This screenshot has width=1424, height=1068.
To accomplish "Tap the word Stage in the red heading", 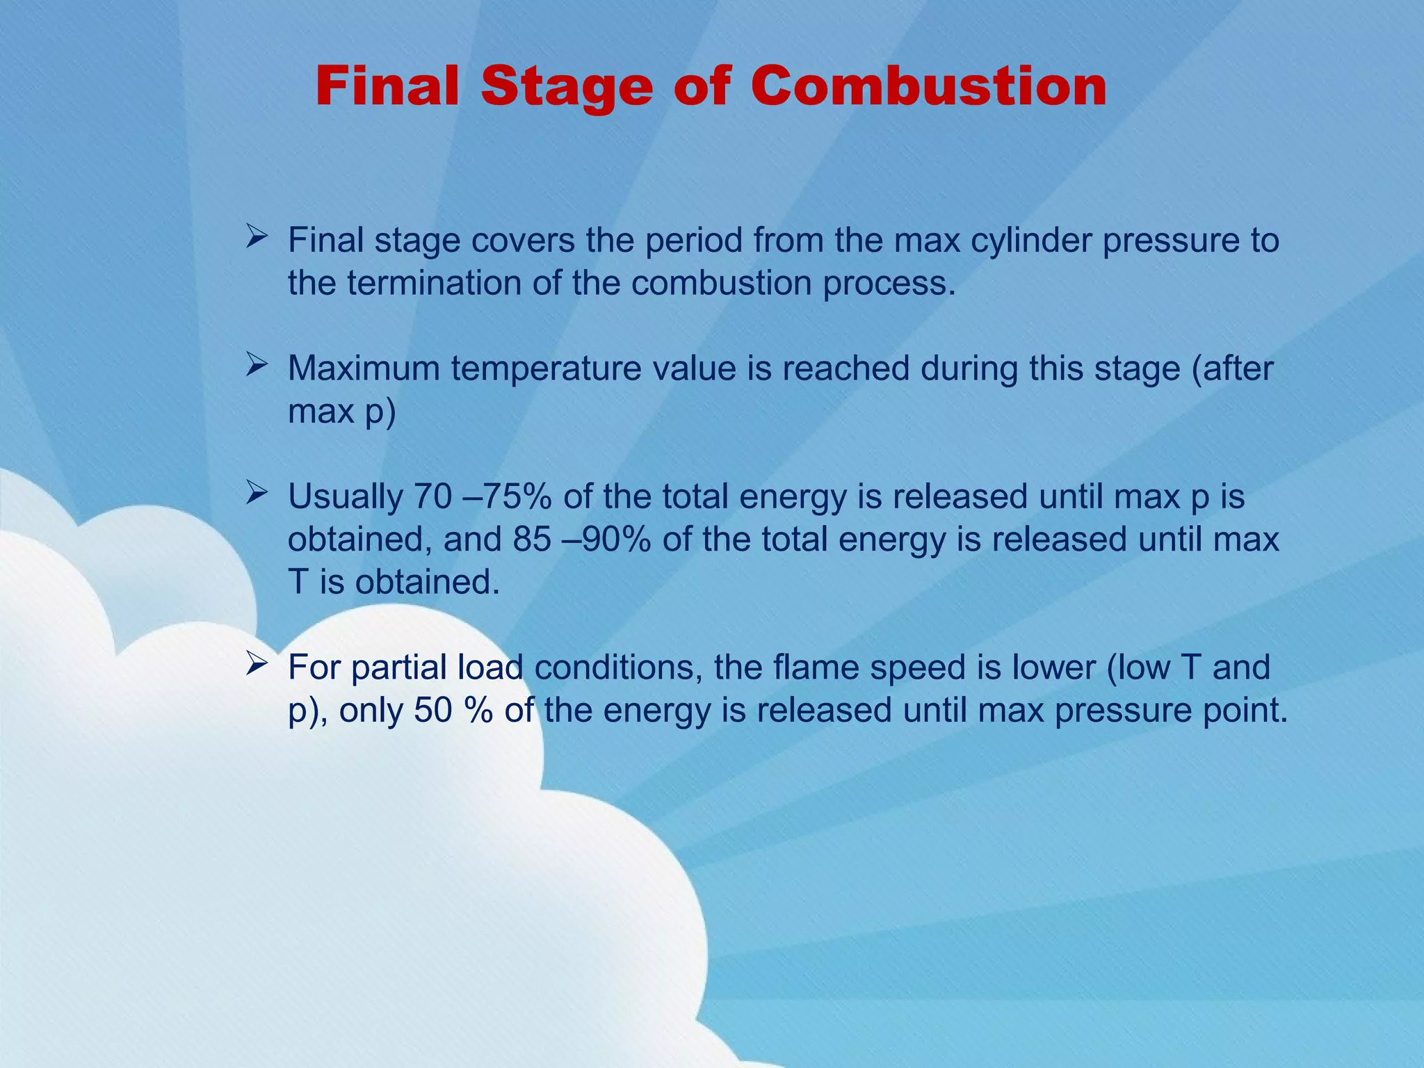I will coord(567,88).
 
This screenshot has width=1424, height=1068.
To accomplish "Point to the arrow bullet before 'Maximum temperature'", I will coord(257,366).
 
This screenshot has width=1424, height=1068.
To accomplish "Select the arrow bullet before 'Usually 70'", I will coord(257,494).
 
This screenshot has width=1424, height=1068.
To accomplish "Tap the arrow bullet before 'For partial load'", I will coord(257,665).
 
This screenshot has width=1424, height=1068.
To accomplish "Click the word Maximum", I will coord(364,369).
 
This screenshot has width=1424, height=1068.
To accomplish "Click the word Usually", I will coord(345,497).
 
